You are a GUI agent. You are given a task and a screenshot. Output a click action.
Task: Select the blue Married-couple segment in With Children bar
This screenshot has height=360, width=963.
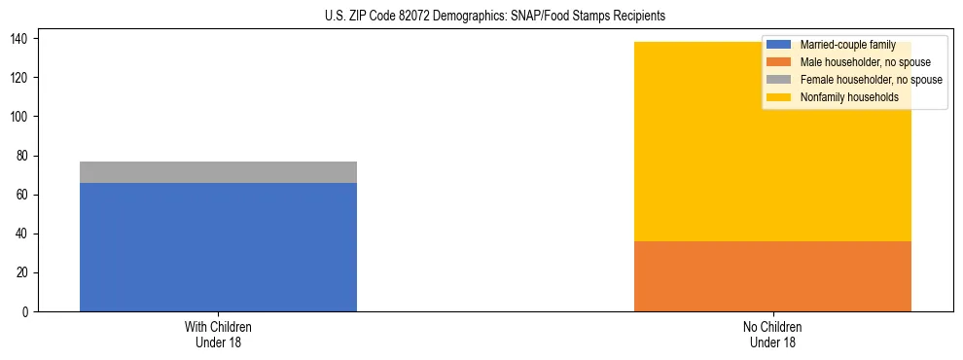[218, 247]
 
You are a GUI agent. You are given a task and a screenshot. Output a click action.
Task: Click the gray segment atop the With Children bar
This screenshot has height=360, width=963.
[218, 172]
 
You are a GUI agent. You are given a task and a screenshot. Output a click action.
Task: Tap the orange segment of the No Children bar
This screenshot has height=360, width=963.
[772, 276]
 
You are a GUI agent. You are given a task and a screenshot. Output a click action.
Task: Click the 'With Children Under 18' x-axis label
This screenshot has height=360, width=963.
[218, 334]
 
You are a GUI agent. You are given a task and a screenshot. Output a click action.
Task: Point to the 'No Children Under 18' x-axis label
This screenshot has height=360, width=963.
[772, 334]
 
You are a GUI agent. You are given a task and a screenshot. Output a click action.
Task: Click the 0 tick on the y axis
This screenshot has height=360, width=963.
[26, 311]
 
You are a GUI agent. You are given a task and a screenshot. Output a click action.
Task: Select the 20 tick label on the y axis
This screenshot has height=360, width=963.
[23, 272]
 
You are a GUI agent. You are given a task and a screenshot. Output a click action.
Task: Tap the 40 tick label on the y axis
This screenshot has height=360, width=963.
[23, 234]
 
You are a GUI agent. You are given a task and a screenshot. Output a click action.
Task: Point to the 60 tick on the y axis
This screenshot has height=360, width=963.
[23, 195]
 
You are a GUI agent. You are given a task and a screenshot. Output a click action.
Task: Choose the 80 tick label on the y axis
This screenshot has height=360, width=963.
[23, 156]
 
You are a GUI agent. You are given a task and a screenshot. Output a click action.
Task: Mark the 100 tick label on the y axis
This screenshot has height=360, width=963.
[20, 117]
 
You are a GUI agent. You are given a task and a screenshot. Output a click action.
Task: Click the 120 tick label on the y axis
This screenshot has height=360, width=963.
[20, 78]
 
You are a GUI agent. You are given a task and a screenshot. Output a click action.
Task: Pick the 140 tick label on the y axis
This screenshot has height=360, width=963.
[20, 39]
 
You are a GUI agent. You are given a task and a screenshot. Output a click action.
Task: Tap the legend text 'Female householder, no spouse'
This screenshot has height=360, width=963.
[871, 80]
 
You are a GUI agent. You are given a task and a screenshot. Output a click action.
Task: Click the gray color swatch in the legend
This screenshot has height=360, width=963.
[779, 80]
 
